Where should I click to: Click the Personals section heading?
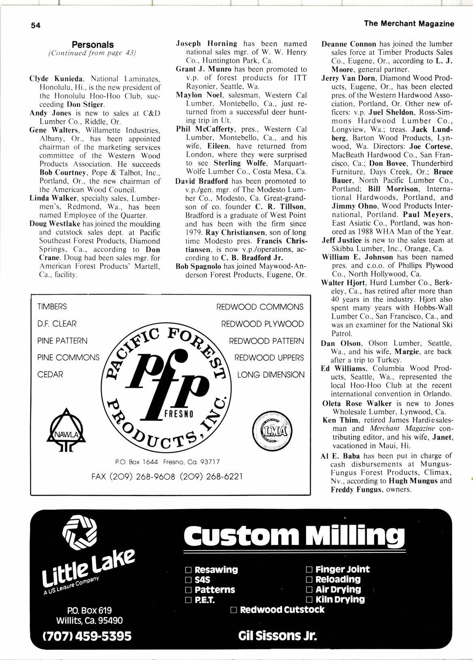(92, 45)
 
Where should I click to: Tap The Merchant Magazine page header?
(409, 24)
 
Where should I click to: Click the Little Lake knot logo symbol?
(80, 529)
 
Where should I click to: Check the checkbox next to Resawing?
(188, 570)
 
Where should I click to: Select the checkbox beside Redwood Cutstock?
(233, 610)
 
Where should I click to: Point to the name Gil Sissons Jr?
(277, 635)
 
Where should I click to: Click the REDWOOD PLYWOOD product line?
(262, 324)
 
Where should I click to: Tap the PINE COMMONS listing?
(68, 358)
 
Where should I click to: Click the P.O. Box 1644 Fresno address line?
(167, 462)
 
